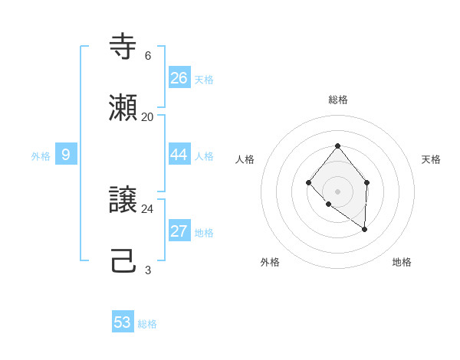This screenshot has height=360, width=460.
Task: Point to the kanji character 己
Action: pos(123,261)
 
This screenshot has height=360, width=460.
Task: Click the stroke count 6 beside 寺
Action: pos(148,56)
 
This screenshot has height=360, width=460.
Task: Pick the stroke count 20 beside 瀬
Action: pos(148,117)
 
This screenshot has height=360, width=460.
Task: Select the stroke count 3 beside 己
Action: pos(148,270)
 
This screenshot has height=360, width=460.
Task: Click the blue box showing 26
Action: pos(179,78)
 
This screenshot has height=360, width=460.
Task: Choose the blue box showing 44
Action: pos(179,155)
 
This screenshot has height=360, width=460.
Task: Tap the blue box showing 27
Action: pos(179,231)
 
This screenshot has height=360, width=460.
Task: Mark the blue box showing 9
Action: pos(66,155)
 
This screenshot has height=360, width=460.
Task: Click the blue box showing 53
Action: pos(123,322)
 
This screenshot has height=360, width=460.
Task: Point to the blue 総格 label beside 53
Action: pos(147,324)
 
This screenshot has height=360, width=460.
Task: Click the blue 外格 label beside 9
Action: pos(41,156)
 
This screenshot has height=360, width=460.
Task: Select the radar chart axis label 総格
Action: pos(338,100)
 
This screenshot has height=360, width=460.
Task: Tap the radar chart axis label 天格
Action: pos(431,159)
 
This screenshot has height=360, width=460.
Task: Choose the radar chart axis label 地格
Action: pos(402,262)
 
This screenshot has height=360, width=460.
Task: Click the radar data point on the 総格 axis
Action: pos(337,146)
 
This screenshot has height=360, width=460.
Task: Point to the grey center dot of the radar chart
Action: pos(337,191)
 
